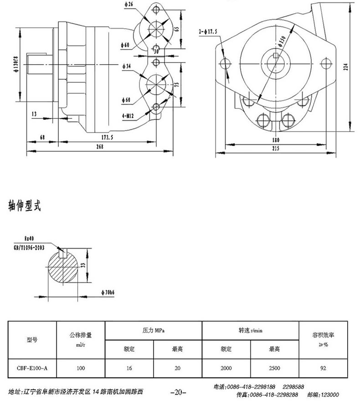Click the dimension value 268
coord(100,147)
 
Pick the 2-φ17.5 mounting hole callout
coord(206,32)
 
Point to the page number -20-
coord(176,392)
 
